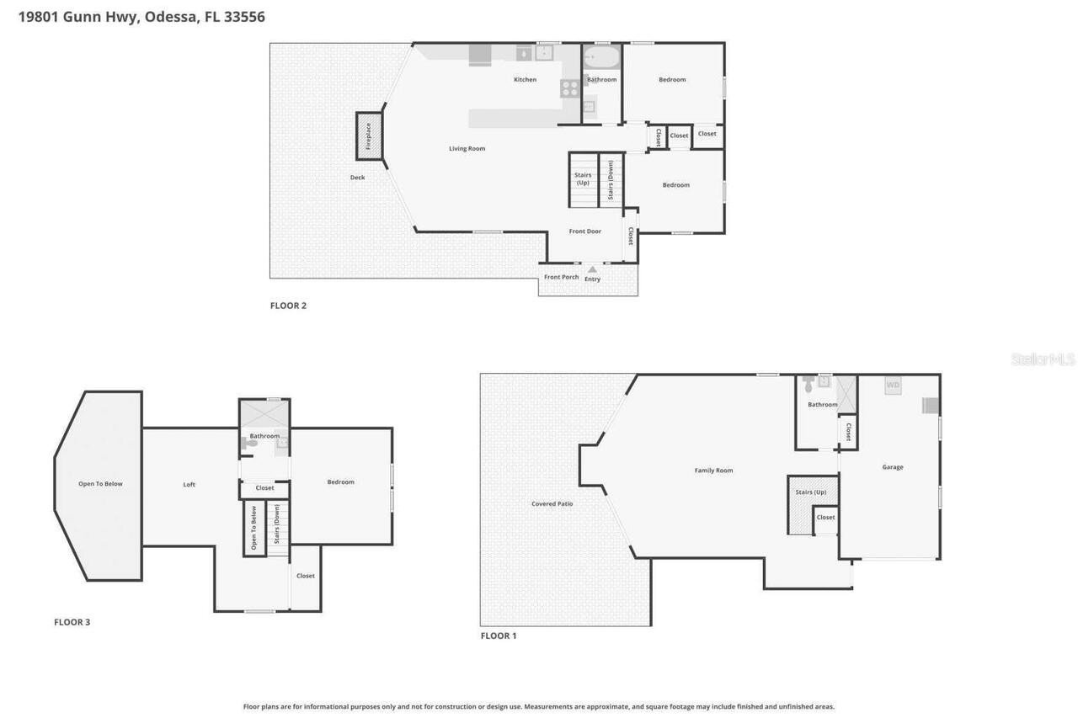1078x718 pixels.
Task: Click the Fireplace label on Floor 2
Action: tap(368, 136)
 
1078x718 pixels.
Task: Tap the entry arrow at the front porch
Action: tap(592, 269)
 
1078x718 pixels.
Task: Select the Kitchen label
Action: tap(525, 80)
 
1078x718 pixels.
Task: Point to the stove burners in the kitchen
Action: tap(570, 88)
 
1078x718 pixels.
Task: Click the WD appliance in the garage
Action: tap(893, 386)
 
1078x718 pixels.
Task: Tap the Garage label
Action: tap(893, 467)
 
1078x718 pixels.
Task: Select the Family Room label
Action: tap(713, 471)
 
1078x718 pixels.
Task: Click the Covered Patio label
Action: tap(552, 504)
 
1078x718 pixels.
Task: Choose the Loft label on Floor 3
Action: tap(189, 485)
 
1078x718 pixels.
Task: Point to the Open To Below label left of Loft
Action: tap(101, 484)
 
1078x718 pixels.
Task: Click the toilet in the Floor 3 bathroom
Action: tap(250, 443)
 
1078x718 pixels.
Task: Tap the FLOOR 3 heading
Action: tap(72, 622)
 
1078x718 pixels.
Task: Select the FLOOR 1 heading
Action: tap(499, 636)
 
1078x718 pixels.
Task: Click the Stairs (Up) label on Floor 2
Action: tap(583, 178)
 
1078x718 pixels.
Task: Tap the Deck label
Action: tap(357, 178)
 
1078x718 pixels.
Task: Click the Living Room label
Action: tap(467, 149)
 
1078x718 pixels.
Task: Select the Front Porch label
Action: tap(561, 277)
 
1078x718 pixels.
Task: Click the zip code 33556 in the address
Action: tap(245, 16)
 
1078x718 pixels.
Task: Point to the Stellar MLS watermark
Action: tap(1043, 359)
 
